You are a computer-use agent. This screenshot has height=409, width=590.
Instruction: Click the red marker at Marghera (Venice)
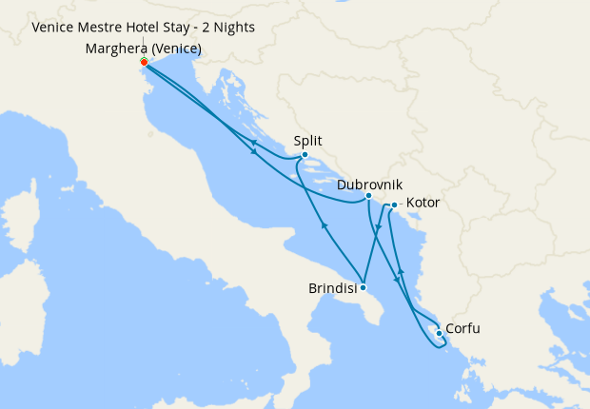point(144,62)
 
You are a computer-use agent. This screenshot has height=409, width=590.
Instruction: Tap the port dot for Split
point(304,155)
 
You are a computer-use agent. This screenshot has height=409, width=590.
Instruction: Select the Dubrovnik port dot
point(368,196)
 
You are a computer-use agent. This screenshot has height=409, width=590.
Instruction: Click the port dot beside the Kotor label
point(394,204)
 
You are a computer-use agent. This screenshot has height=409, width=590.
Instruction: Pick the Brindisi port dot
point(363,287)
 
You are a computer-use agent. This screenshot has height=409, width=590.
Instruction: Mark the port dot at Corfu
point(438,333)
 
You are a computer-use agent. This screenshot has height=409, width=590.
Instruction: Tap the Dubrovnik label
point(369,183)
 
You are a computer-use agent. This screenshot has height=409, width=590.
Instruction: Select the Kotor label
point(423,204)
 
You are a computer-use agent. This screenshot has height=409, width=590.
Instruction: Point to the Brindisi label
point(333,287)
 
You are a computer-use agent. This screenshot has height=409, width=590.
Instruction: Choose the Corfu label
point(462,329)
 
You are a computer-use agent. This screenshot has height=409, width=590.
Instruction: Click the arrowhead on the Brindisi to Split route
point(324,226)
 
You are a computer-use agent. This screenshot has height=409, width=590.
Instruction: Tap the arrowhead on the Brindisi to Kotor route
point(378,228)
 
